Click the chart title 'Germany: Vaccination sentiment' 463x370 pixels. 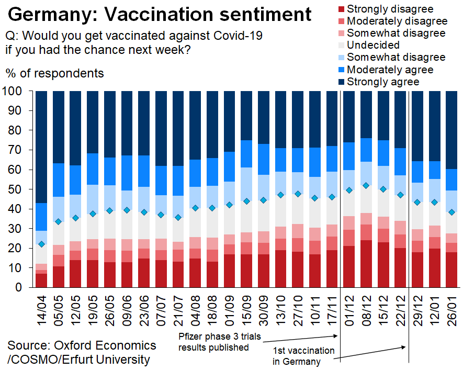coord(160,14)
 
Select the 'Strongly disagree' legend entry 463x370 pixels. coord(389,8)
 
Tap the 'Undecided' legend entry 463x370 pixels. coord(373,45)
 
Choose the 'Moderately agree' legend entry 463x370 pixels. coord(389,70)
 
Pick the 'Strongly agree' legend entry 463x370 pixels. coord(382,82)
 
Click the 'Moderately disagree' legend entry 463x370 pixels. coord(397,21)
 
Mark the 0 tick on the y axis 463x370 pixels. coord(19,287)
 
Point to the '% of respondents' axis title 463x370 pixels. coord(55,73)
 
